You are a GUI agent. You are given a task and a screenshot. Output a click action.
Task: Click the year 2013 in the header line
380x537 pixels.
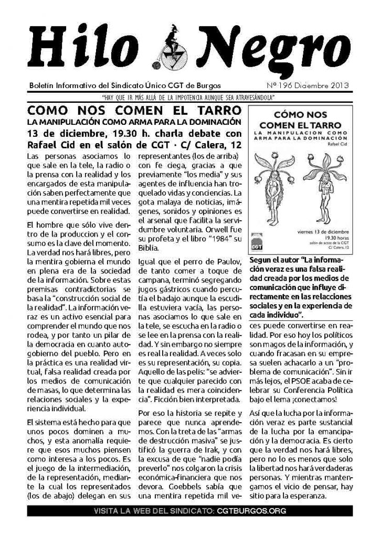[x=337, y=85]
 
